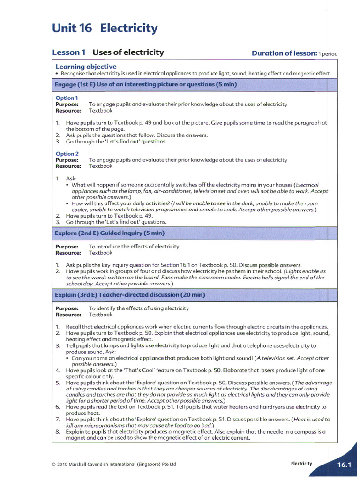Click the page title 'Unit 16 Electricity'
point(105,29)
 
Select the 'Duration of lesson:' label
point(284,53)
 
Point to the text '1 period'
point(328,54)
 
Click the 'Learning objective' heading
point(86,67)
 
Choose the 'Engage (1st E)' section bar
point(146,84)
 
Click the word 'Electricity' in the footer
point(301,464)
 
